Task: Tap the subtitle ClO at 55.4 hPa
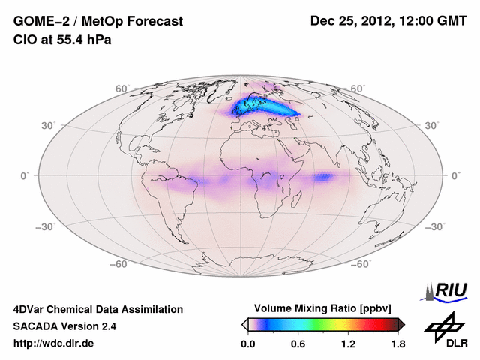tap(62, 40)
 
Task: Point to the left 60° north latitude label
tap(122, 88)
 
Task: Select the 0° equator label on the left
tap(24, 175)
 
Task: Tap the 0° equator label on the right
tap(455, 175)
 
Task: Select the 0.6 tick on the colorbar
tap(298, 344)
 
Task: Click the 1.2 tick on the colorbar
tap(348, 344)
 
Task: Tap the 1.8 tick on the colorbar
tap(397, 344)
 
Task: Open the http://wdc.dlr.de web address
tap(54, 344)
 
